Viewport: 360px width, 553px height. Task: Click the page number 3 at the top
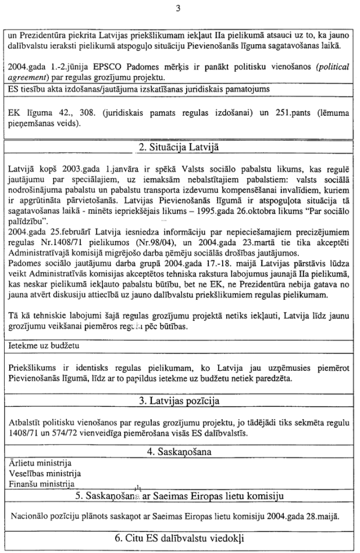(179, 8)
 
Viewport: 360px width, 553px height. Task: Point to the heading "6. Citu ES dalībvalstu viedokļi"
(179, 538)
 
